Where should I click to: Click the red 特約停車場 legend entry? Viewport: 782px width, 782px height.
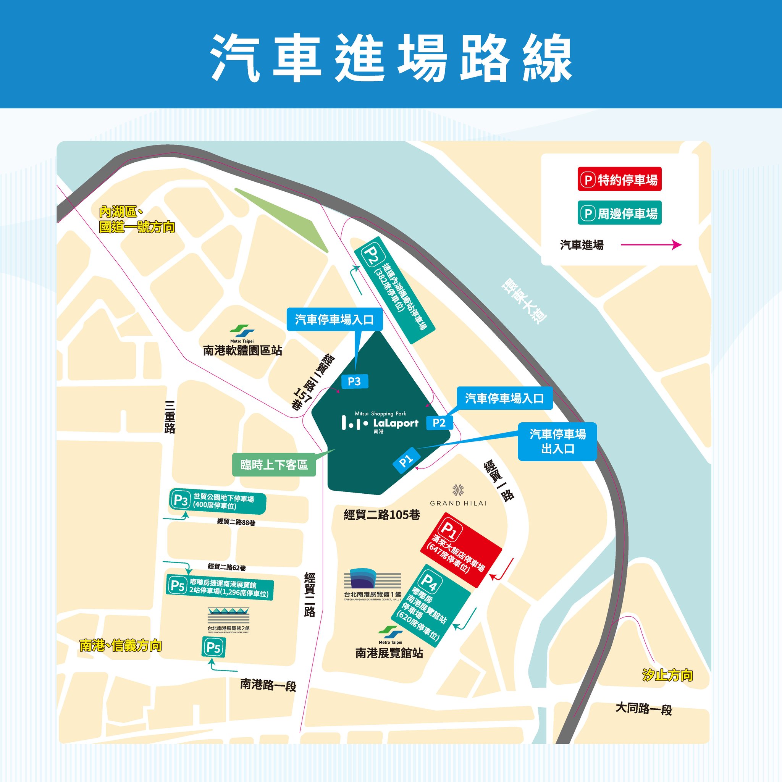(x=619, y=179)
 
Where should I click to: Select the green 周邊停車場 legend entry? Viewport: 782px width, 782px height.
(x=619, y=213)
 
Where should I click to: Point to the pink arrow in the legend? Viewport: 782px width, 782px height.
(x=651, y=244)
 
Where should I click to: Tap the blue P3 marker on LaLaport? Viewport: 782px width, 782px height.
(x=354, y=381)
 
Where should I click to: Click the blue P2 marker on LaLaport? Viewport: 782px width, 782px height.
(x=439, y=423)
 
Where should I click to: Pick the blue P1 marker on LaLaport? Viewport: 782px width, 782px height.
(x=406, y=460)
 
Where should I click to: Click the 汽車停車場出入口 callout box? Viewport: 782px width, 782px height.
(x=557, y=442)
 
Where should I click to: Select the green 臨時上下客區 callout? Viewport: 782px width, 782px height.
(x=274, y=465)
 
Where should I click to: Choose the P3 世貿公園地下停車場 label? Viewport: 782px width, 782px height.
(x=218, y=501)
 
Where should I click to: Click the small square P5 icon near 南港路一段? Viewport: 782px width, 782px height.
(x=213, y=648)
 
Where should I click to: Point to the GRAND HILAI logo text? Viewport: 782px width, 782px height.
(x=458, y=503)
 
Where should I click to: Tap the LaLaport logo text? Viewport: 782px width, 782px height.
(x=396, y=423)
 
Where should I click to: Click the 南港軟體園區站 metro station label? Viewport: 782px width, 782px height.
(x=242, y=350)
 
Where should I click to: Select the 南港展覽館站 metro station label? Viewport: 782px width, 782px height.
(x=389, y=653)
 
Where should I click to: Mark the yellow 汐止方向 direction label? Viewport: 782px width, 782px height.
(x=667, y=675)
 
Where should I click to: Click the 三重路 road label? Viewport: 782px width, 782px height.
(x=170, y=417)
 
